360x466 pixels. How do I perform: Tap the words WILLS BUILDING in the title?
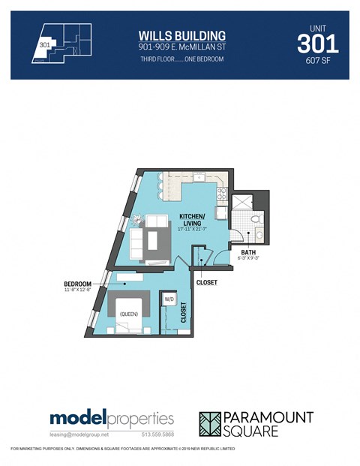(x=182, y=35)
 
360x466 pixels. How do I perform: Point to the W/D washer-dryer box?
(x=169, y=300)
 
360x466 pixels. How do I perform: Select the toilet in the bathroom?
(x=254, y=221)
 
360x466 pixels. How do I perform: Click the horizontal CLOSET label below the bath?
(x=206, y=282)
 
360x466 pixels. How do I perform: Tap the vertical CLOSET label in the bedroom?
(x=182, y=311)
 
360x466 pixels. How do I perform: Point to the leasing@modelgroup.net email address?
(x=79, y=434)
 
